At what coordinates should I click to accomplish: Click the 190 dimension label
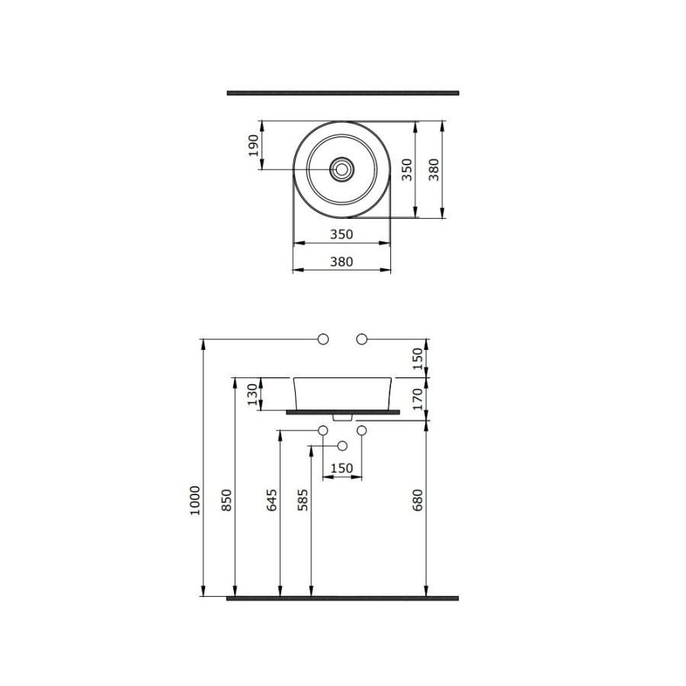point(253,146)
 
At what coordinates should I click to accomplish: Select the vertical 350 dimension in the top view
point(407,170)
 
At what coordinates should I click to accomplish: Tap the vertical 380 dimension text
point(434,170)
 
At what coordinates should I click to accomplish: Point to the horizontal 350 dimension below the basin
point(341,235)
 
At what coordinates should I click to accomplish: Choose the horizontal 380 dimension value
point(341,261)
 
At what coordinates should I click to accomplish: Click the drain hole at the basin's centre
point(341,169)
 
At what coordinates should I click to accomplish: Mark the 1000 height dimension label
point(195,500)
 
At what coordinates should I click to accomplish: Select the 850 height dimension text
point(226,500)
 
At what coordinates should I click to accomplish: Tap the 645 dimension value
point(271,500)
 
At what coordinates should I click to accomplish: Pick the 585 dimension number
point(303,500)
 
